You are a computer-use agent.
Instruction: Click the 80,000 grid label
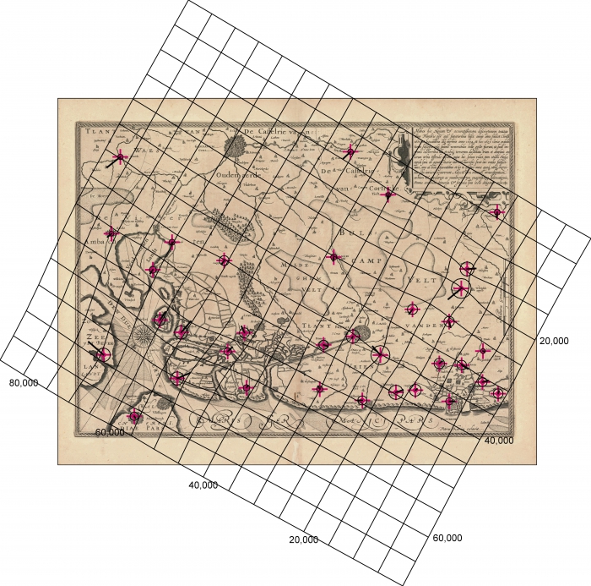click(23, 383)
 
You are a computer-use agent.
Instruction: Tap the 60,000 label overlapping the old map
click(111, 432)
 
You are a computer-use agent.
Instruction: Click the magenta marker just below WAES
click(120, 156)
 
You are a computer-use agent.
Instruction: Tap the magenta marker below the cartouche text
click(497, 211)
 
